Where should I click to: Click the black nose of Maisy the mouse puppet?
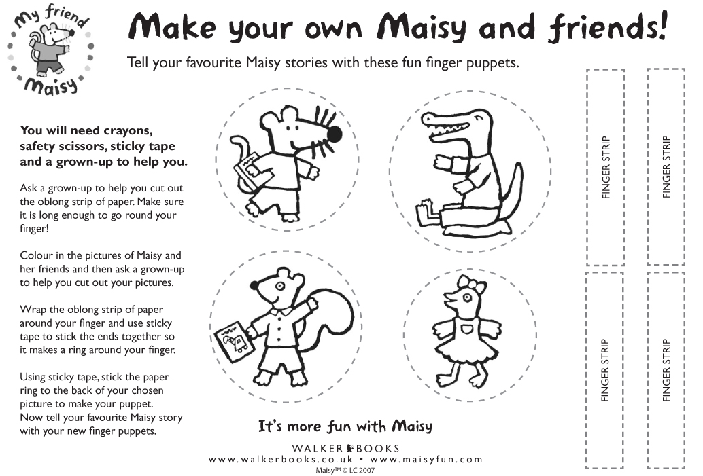(334, 134)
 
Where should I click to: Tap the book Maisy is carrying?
(247, 170)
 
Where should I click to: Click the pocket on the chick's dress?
(467, 330)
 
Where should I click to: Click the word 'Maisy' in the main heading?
(422, 27)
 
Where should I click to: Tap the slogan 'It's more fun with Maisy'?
(345, 426)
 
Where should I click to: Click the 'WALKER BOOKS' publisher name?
(345, 448)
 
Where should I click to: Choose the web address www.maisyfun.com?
(426, 460)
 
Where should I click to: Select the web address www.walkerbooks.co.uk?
(281, 460)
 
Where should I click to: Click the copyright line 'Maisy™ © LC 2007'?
(345, 470)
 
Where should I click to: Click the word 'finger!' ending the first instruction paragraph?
(34, 228)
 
